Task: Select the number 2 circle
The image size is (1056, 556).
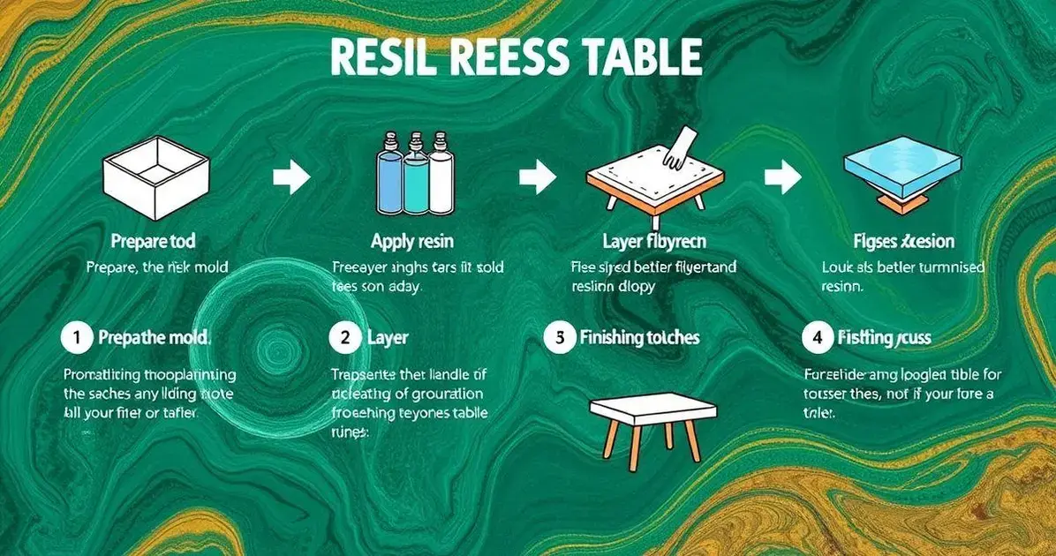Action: (x=344, y=337)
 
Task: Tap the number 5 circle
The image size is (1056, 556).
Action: (x=559, y=337)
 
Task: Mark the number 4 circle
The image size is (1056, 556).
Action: (x=816, y=337)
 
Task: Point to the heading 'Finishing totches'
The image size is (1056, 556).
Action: (x=639, y=337)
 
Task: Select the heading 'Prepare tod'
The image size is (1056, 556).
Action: (x=154, y=240)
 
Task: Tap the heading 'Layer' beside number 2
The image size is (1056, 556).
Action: (x=388, y=337)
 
